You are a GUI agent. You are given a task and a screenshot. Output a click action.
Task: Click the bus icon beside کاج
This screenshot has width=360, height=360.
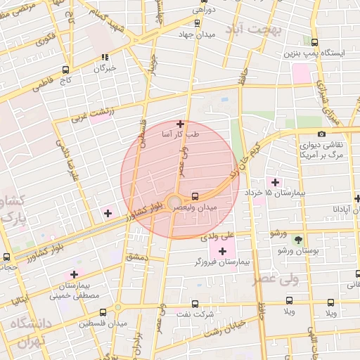(65, 70)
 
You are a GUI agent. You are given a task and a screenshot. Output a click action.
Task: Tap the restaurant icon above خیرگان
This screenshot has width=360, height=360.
(105, 58)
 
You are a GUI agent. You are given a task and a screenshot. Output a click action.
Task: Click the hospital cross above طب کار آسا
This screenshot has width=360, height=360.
(180, 124)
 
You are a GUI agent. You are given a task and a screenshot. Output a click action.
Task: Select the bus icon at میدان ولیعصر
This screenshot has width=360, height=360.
(195, 196)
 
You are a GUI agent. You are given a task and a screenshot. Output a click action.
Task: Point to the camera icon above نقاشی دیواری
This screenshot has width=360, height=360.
(321, 134)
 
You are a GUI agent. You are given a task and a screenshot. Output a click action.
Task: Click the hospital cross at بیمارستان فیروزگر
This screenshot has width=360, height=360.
(223, 250)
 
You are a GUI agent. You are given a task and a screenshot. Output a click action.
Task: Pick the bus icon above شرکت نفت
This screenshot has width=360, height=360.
(195, 304)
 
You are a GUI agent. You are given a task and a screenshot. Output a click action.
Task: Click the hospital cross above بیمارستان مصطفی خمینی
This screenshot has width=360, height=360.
(74, 275)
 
